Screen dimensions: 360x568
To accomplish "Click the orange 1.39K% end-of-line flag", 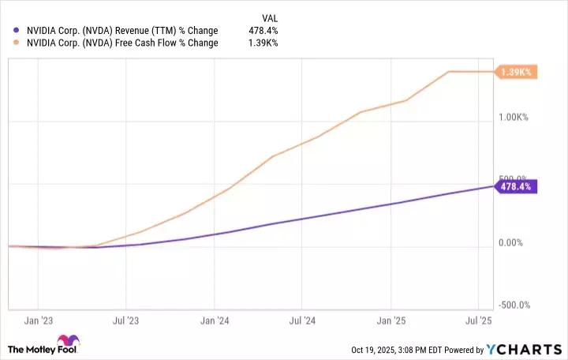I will click(x=516, y=72).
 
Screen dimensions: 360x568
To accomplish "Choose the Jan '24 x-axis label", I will click(x=215, y=321).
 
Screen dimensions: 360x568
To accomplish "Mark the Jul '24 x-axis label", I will click(x=303, y=321).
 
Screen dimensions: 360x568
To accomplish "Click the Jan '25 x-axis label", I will click(x=391, y=321).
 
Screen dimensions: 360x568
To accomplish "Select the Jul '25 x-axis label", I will click(x=480, y=321).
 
